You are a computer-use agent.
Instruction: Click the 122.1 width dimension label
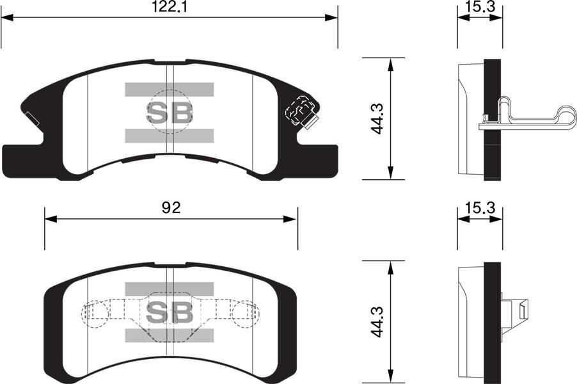point(169,8)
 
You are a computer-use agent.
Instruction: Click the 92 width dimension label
point(170,208)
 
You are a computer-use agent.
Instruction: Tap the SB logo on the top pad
point(170,113)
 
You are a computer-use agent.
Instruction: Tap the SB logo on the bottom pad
point(170,312)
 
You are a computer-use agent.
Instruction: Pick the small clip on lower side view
point(517,314)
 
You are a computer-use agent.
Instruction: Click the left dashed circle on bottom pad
point(94,312)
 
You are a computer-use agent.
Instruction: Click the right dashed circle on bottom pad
point(246,312)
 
